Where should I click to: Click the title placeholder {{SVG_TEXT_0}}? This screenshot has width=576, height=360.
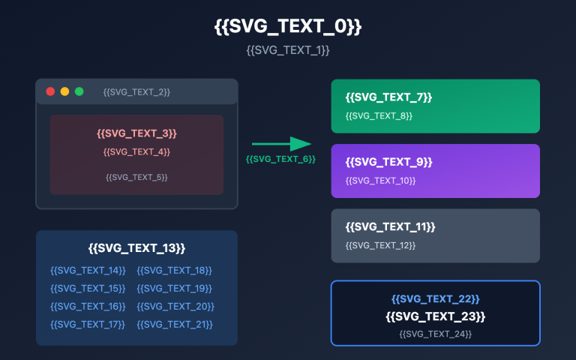pyautogui.click(x=288, y=27)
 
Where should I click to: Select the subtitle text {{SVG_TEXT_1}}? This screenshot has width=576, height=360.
pyautogui.click(x=288, y=50)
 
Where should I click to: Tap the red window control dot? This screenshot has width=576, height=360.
pyautogui.click(x=50, y=91)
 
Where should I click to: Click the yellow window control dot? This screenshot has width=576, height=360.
pyautogui.click(x=64, y=91)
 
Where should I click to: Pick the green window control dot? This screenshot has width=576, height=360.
pyautogui.click(x=79, y=91)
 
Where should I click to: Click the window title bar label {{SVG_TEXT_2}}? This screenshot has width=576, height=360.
pyautogui.click(x=136, y=91)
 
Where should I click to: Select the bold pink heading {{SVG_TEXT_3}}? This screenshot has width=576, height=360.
pyautogui.click(x=136, y=133)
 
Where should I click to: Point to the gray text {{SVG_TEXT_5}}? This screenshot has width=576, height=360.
pyautogui.click(x=136, y=177)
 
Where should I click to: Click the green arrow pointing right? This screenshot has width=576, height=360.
pyautogui.click(x=281, y=144)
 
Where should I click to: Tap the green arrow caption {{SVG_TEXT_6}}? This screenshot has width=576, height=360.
pyautogui.click(x=280, y=159)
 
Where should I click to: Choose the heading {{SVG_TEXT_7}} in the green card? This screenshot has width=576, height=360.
pyautogui.click(x=388, y=97)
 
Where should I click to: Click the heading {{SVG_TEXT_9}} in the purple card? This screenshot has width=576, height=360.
pyautogui.click(x=388, y=162)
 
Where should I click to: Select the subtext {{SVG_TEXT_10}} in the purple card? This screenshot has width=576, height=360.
pyautogui.click(x=380, y=181)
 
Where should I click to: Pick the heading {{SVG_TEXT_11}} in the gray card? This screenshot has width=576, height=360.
pyautogui.click(x=390, y=226)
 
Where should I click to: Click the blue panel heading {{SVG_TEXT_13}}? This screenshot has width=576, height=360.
pyautogui.click(x=136, y=248)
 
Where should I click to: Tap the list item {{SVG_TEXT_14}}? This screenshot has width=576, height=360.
pyautogui.click(x=88, y=270)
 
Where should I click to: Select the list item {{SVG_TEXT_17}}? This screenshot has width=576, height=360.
pyautogui.click(x=88, y=325)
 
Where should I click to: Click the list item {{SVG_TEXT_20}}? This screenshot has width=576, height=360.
pyautogui.click(x=175, y=307)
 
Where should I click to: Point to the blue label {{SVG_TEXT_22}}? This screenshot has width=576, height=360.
pyautogui.click(x=435, y=298)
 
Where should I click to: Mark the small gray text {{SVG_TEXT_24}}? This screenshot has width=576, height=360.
pyautogui.click(x=435, y=334)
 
